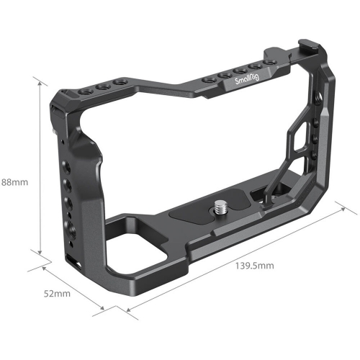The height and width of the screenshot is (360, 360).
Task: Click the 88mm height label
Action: (x=14, y=182)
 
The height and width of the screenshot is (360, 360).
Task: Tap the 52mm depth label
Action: (x=55, y=294)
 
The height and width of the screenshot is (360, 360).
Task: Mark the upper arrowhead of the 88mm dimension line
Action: (x=40, y=81)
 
